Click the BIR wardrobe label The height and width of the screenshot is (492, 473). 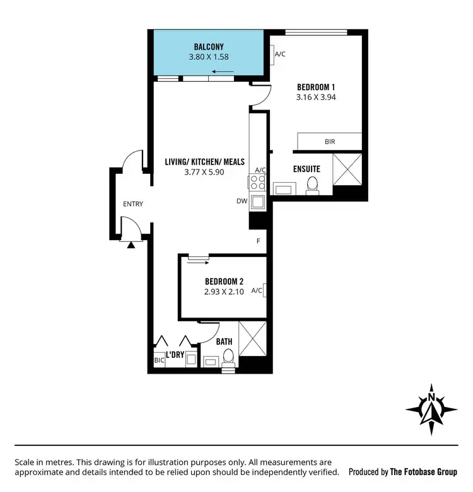tap(329, 142)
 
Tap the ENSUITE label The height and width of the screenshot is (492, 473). tap(307, 169)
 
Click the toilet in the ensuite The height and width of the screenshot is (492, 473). tap(312, 185)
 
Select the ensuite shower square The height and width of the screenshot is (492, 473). tap(347, 169)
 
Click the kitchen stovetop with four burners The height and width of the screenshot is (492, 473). tap(258, 183)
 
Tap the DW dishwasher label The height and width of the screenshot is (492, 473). tap(242, 202)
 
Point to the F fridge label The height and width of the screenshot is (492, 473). tap(258, 241)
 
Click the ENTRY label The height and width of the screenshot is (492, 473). tap(133, 203)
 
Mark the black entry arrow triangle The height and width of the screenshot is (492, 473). tap(131, 244)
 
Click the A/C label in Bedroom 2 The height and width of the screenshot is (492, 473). tap(257, 290)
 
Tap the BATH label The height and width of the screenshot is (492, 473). tap(224, 341)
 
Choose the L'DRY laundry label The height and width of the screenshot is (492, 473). tap(175, 355)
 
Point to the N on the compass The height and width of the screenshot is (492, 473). tap(431, 398)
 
